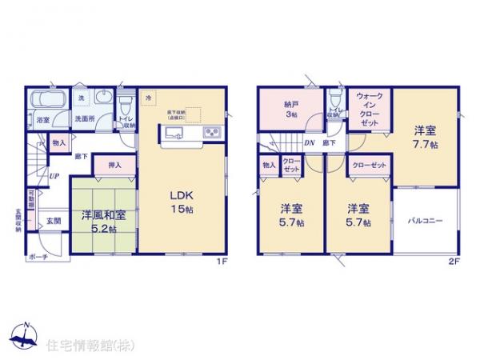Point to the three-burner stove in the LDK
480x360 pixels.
(x=211, y=132)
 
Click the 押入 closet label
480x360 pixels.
(x=114, y=165)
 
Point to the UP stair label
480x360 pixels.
(x=54, y=177)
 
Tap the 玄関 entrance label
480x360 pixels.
(x=52, y=219)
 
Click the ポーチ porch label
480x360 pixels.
(x=37, y=257)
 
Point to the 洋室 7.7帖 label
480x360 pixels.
(x=424, y=137)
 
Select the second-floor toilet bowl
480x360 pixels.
(x=335, y=100)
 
